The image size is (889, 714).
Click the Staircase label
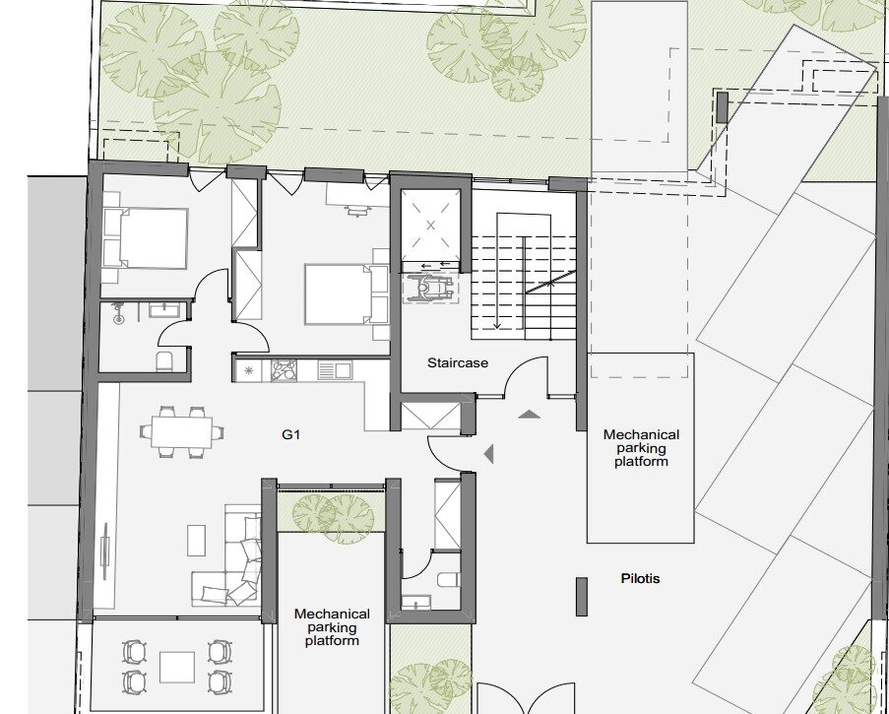point(458,363)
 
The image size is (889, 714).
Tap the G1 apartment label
point(290,435)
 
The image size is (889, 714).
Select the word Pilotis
point(640,578)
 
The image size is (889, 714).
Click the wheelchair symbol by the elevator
point(429,288)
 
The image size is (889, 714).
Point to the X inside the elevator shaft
point(430,226)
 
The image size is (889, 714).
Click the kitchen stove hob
point(285,371)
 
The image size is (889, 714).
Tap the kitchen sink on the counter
point(335,371)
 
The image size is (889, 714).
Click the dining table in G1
point(182,432)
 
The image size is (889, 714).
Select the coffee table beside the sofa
point(196,540)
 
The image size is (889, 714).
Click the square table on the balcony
point(177,667)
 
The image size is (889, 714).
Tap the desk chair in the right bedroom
point(355,212)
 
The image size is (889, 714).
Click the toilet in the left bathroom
point(164,361)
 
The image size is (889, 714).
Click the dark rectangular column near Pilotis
point(582,597)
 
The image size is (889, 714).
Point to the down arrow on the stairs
point(497,271)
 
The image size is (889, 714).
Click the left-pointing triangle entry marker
point(488,454)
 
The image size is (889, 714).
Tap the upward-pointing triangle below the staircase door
point(529,415)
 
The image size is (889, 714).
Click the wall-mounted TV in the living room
point(105,552)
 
